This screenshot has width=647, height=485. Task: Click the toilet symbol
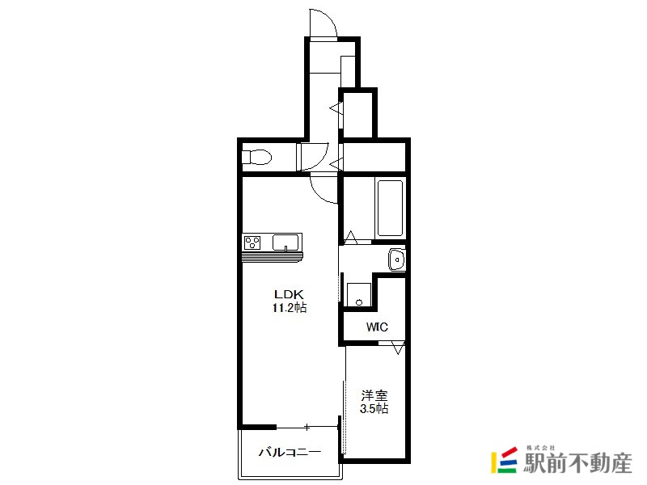(x=256, y=157)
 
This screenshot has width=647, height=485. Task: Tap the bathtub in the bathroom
(x=390, y=208)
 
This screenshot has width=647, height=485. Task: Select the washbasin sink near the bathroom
(x=396, y=259)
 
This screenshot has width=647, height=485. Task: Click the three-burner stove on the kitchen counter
(x=252, y=242)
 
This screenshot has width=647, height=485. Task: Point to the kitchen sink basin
(x=285, y=242)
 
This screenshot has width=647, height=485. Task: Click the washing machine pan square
(x=358, y=295)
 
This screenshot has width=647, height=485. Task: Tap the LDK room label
(x=290, y=294)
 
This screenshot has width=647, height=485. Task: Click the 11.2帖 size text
(x=290, y=308)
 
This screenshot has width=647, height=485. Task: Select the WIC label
(x=377, y=327)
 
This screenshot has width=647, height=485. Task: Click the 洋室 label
(x=374, y=396)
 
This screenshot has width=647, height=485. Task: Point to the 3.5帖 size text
(x=374, y=409)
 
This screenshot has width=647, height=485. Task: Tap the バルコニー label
(x=290, y=453)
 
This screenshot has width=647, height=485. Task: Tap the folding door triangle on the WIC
(x=398, y=348)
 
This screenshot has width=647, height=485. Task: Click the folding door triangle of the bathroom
(x=351, y=238)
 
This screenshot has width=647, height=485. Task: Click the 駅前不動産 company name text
(x=577, y=462)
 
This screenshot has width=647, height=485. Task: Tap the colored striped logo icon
(x=504, y=460)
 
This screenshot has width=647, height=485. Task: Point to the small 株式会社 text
(x=540, y=448)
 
